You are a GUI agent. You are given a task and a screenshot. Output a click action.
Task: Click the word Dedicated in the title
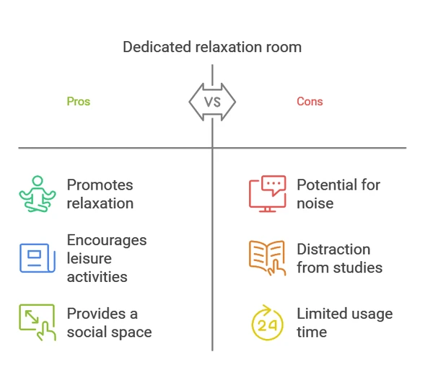tap(157, 47)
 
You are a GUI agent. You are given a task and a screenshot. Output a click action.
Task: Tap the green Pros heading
tap(79, 102)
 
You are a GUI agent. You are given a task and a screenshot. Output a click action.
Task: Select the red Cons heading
tap(310, 102)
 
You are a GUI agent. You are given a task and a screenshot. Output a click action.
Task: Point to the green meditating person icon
tap(38, 194)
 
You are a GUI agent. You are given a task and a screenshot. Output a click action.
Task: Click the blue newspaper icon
tap(38, 258)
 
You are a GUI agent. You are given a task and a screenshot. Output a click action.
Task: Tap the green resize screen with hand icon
tap(38, 322)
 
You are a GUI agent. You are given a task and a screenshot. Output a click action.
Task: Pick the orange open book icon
tap(267, 258)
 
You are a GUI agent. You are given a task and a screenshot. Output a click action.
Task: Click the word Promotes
tap(100, 185)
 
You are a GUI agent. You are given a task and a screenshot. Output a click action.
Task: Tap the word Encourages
tap(107, 241)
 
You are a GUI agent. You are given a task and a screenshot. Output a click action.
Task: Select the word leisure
tap(89, 258)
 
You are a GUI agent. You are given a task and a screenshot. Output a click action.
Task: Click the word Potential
tap(327, 185)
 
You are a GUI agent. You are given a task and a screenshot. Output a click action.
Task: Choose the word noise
tap(315, 203)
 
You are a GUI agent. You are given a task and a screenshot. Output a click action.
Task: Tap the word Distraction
tap(333, 250)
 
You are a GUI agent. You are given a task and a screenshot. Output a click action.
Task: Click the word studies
tap(358, 268)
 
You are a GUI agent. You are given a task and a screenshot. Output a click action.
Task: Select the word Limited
tap(323, 314)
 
